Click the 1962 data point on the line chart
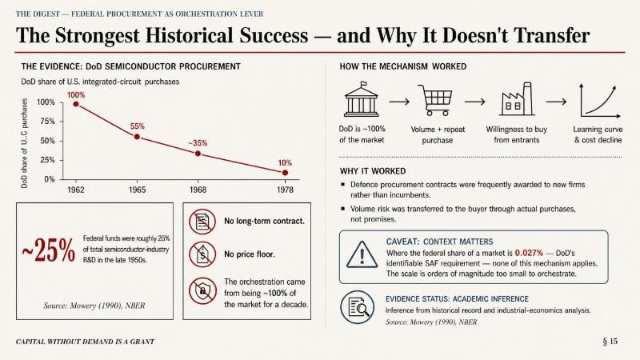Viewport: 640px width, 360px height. click(x=76, y=104)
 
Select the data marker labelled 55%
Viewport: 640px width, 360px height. click(x=137, y=137)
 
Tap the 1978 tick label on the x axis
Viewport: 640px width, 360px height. click(x=285, y=190)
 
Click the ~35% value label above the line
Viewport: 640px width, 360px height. click(x=198, y=143)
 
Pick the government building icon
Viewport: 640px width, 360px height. click(x=362, y=99)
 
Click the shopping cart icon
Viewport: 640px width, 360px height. click(x=435, y=100)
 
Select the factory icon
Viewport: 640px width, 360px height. click(x=517, y=98)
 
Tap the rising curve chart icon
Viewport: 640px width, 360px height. click(x=599, y=101)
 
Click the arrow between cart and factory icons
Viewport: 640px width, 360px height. click(x=474, y=102)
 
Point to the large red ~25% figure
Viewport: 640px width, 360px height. click(x=48, y=250)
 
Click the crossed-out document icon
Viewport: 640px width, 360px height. click(x=202, y=222)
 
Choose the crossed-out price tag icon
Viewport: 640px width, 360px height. click(x=202, y=254)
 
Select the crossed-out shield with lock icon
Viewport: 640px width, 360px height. click(x=202, y=291)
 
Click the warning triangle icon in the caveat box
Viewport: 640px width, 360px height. click(x=362, y=254)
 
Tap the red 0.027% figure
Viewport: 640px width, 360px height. click(x=529, y=253)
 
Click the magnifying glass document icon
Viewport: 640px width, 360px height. click(x=357, y=307)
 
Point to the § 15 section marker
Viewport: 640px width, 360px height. click(x=610, y=342)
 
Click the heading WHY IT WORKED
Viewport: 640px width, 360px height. click(x=373, y=171)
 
